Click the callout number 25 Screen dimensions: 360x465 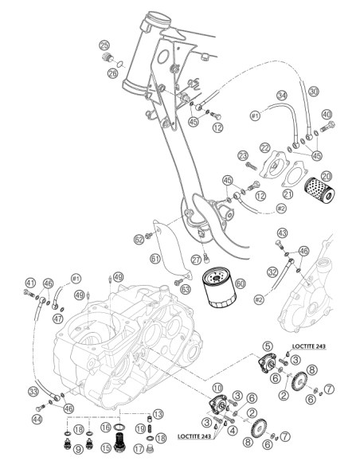pyautogui.click(x=104, y=46)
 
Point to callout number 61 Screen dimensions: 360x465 pyautogui.click(x=155, y=259)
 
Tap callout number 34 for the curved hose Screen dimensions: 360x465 pyautogui.click(x=282, y=96)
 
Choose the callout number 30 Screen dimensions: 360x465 pyautogui.click(x=314, y=92)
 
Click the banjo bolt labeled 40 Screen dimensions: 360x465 pyautogui.click(x=327, y=127)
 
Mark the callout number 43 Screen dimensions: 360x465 pyautogui.click(x=282, y=232)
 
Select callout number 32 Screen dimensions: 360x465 pyautogui.click(x=272, y=272)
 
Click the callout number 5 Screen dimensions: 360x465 pyautogui.click(x=268, y=346)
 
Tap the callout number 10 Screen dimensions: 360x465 pyautogui.click(x=217, y=388)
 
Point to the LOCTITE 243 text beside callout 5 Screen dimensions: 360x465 pyautogui.click(x=309, y=346)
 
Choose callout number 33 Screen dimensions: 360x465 pyautogui.click(x=33, y=392)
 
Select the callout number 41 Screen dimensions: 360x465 pyautogui.click(x=29, y=283)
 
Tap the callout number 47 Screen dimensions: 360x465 pyautogui.click(x=58, y=318)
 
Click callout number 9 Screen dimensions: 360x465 pyautogui.click(x=78, y=450)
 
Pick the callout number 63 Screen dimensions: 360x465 pyautogui.click(x=186, y=290)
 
